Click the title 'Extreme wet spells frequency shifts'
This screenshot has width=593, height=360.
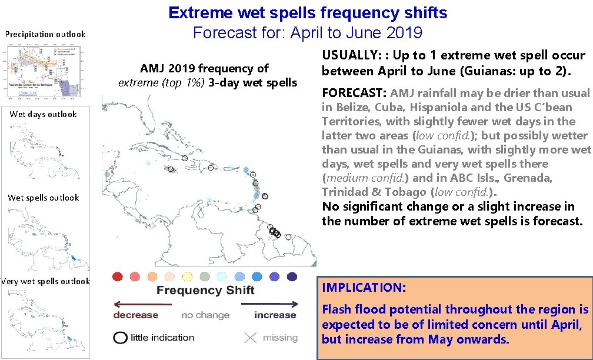click(x=308, y=12)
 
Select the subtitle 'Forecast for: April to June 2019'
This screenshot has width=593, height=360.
click(x=308, y=32)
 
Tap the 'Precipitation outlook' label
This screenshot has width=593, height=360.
click(x=45, y=34)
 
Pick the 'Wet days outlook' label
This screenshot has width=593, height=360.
click(x=44, y=114)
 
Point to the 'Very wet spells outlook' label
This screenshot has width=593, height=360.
click(x=45, y=281)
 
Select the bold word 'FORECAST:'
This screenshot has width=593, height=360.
click(x=354, y=93)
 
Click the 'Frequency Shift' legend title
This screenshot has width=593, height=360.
click(x=205, y=291)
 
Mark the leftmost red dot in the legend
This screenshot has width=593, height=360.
click(x=118, y=276)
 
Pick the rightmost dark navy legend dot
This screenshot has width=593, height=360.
click(x=292, y=276)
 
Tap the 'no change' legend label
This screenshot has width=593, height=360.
click(x=205, y=315)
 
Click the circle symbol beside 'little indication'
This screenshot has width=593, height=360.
click(x=121, y=338)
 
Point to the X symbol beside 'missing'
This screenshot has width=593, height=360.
click(x=251, y=338)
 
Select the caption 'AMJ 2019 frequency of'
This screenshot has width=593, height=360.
click(x=204, y=69)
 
